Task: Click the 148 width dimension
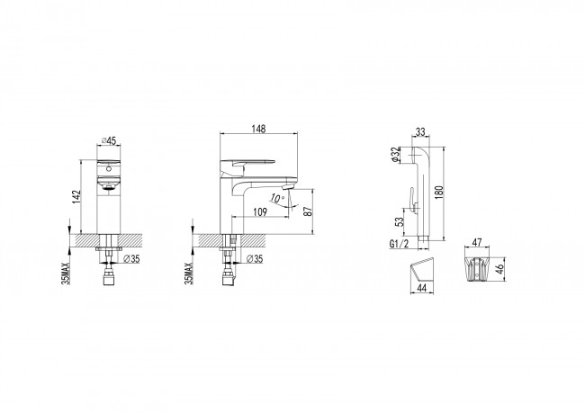point(258,129)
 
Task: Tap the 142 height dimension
point(76,197)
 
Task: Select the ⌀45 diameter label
point(109,140)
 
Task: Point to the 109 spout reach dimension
point(260,212)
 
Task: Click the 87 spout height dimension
point(308,211)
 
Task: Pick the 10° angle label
point(277,198)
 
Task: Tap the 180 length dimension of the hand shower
point(439,192)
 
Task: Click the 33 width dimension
point(420,131)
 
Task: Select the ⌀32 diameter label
point(395,155)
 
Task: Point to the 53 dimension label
point(400,221)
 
